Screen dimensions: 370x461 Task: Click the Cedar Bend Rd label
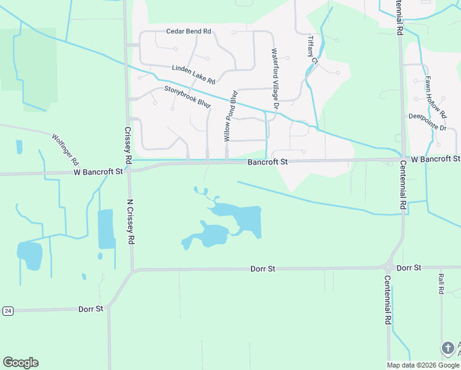point(189,31)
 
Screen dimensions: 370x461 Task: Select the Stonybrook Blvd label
point(187,97)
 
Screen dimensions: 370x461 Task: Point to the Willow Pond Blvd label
point(230,116)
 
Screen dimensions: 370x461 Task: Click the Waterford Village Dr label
point(275,79)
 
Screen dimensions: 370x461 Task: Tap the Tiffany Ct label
point(312,49)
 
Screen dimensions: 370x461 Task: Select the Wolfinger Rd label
point(65,149)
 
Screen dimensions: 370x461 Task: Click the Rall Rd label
point(441,283)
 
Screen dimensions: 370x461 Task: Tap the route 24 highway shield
point(7,310)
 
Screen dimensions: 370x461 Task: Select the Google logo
point(20,363)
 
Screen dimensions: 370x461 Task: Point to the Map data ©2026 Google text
point(423,365)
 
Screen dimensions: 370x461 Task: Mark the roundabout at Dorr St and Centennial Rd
point(388,268)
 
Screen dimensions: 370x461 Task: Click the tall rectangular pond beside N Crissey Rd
point(106,229)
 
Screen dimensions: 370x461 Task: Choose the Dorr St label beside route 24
point(91,308)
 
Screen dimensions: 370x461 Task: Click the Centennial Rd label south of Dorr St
point(388,299)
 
